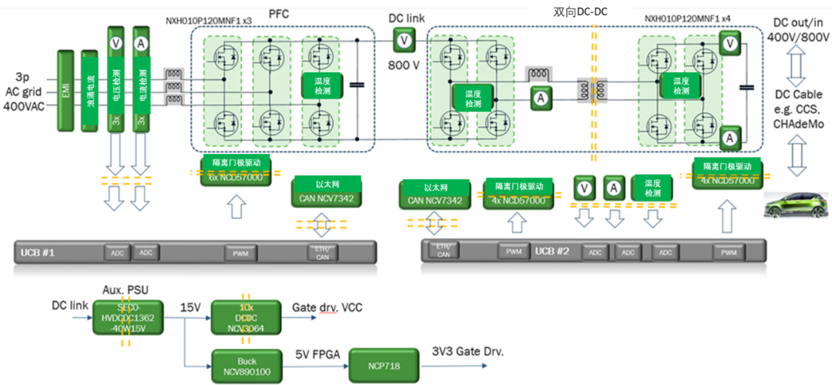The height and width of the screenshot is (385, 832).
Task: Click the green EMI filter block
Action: pos(65,91)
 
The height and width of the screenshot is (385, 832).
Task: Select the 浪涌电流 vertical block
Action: pos(91,91)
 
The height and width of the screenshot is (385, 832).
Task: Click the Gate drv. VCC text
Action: pos(327,307)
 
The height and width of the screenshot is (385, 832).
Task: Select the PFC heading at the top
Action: pos(279,13)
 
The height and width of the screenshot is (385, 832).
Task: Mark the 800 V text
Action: pos(403,65)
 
